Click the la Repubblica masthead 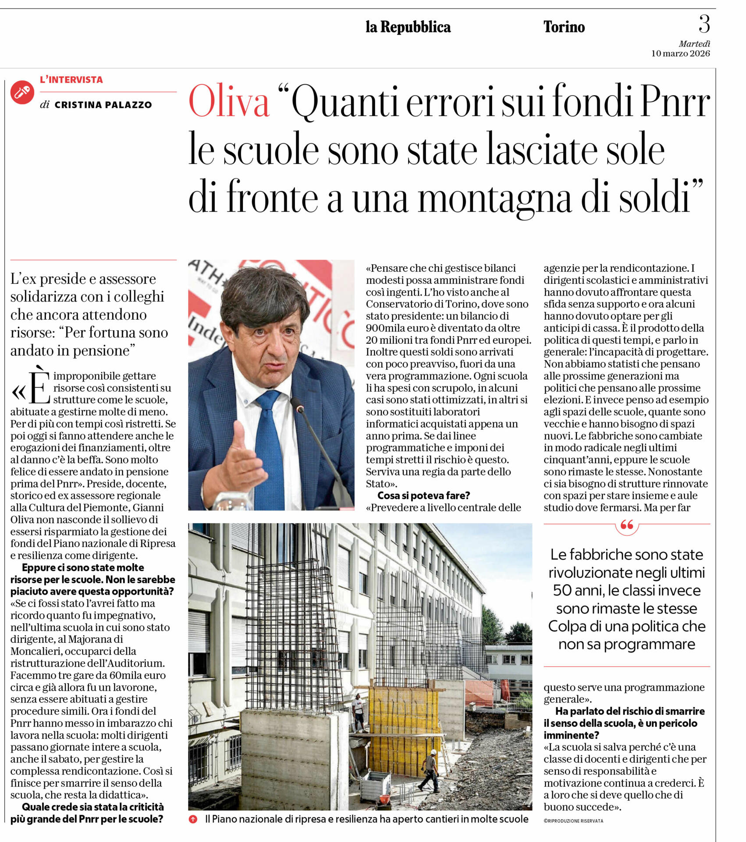pyautogui.click(x=408, y=27)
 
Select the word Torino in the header pyautogui.click(x=564, y=27)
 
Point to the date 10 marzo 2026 pyautogui.click(x=680, y=54)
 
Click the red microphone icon pyautogui.click(x=22, y=92)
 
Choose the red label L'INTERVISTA pyautogui.click(x=71, y=80)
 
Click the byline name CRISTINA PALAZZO pyautogui.click(x=103, y=105)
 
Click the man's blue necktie pyautogui.click(x=268, y=447)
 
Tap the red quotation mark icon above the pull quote pyautogui.click(x=627, y=524)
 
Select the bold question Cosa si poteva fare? pyautogui.click(x=423, y=496)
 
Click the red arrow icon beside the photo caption pyautogui.click(x=193, y=819)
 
